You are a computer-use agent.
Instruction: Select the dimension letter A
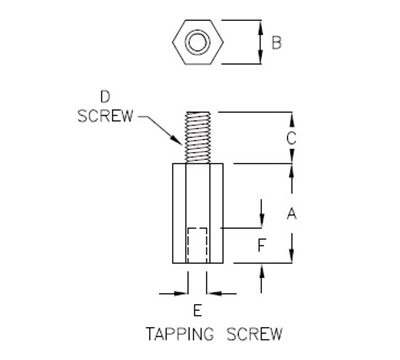292,212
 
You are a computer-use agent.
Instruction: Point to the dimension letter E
197,311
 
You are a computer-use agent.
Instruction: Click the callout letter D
104,96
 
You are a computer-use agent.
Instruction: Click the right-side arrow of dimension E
216,293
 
